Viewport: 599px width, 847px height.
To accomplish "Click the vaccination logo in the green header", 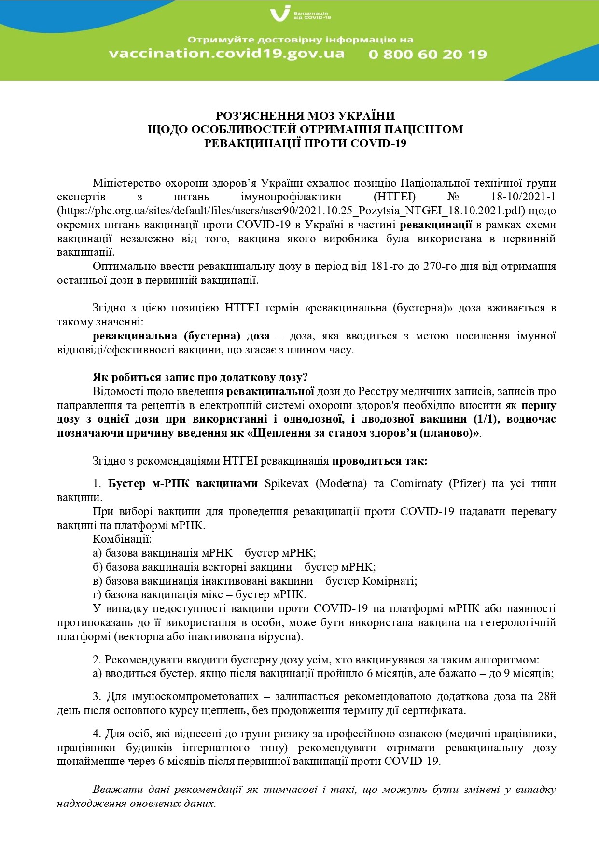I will pyautogui.click(x=299, y=13).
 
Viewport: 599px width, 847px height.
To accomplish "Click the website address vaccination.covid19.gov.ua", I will pyautogui.click(x=227, y=54).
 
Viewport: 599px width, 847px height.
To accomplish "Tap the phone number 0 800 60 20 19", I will pyautogui.click(x=428, y=54).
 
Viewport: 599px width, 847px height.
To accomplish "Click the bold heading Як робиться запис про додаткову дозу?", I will pyautogui.click(x=200, y=378).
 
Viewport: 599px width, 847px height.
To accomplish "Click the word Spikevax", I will pyautogui.click(x=287, y=484).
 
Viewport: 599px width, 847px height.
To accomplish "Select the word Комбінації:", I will pyautogui.click(x=122, y=539).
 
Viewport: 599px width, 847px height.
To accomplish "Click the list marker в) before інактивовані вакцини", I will pyautogui.click(x=98, y=581).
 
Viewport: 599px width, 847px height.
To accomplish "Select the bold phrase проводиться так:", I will pyautogui.click(x=379, y=461).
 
